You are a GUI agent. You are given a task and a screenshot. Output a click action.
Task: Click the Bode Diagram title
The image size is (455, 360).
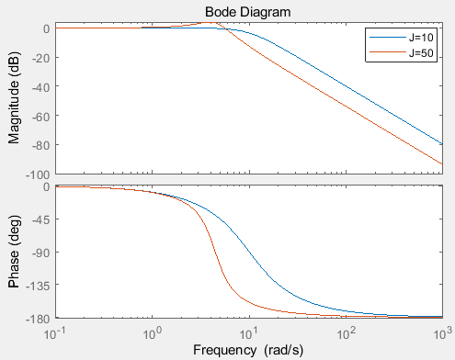click(247, 12)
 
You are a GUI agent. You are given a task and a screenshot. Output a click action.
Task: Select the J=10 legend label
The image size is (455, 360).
click(421, 38)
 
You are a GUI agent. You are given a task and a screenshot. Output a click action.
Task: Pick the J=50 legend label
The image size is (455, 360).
click(421, 53)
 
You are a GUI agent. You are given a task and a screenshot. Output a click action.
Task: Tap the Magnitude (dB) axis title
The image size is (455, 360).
click(14, 98)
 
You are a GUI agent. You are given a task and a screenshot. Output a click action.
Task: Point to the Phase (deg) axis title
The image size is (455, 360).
click(14, 252)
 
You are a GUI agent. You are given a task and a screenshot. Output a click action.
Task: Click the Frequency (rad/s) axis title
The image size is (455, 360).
click(248, 350)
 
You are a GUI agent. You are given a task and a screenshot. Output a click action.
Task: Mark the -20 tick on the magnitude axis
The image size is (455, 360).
click(40, 58)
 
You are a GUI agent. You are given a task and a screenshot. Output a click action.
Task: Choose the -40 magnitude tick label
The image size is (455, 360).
click(40, 87)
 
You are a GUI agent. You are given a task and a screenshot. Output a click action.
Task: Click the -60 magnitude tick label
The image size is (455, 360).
click(40, 117)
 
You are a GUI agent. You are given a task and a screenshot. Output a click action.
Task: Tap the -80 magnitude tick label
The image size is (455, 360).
click(40, 146)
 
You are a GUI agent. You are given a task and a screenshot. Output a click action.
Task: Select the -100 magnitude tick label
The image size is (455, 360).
click(38, 175)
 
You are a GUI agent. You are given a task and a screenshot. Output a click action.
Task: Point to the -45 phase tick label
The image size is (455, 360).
click(40, 219)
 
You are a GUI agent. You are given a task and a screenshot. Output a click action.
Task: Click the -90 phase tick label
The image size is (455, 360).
click(40, 253)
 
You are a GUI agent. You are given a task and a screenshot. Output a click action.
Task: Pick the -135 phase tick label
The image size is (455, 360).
click(38, 287)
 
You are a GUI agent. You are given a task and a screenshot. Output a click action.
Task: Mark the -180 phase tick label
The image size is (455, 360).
click(38, 319)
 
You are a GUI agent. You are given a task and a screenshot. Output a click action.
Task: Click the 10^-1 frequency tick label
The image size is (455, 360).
click(56, 333)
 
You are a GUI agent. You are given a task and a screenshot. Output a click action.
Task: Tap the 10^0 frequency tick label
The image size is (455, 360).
click(153, 333)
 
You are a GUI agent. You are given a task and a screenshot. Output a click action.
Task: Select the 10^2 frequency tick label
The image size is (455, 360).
click(347, 333)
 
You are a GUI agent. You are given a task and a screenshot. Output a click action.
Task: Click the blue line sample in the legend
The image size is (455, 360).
click(388, 38)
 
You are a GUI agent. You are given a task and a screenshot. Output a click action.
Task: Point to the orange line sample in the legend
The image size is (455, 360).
click(388, 52)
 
